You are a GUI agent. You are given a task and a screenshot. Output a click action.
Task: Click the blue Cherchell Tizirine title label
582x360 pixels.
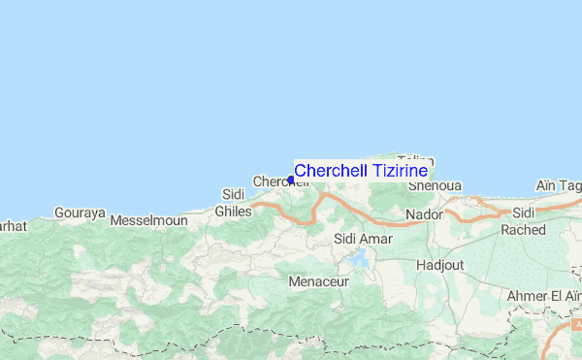(x=361, y=170)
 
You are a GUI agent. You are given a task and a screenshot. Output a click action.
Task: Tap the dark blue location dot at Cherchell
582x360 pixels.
(x=291, y=180)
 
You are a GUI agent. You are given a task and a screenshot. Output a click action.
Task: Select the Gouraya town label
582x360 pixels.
(x=79, y=213)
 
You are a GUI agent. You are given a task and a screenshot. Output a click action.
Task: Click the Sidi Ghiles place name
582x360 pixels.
(x=233, y=203)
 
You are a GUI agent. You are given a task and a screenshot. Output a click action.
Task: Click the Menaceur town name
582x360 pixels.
(x=316, y=281)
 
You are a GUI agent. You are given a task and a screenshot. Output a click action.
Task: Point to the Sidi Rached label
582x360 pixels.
(x=524, y=221)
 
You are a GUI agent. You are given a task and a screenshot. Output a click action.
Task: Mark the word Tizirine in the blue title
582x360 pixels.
(x=394, y=170)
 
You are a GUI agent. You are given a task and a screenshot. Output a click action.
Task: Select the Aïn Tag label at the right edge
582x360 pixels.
(x=558, y=186)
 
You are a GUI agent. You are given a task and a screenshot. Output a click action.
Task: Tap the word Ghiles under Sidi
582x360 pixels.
(x=233, y=211)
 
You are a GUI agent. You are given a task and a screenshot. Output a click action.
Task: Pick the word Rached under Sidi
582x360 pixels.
(x=524, y=230)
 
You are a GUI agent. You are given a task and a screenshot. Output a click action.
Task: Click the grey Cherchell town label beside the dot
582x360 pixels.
(x=272, y=181)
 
